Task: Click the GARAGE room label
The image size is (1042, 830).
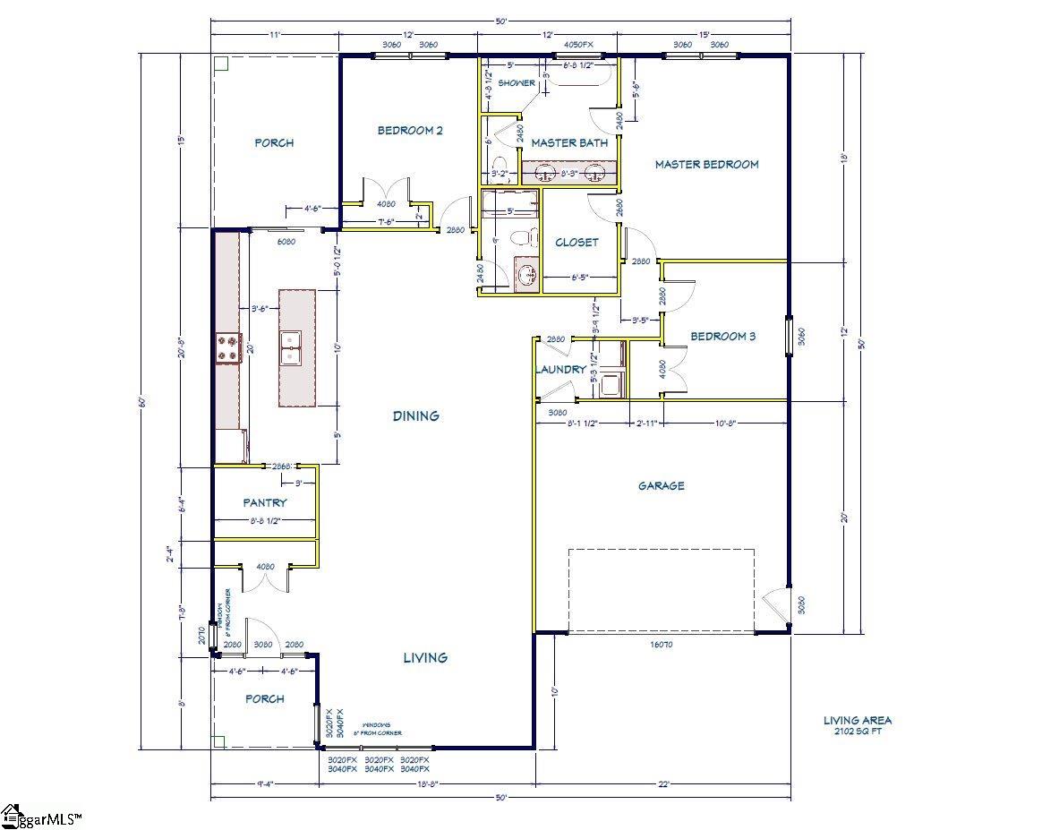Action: pyautogui.click(x=662, y=486)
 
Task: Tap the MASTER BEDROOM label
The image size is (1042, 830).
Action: pyautogui.click(x=706, y=165)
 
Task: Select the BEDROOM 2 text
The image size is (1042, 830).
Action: pyautogui.click(x=410, y=131)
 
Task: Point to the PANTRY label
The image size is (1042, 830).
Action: pyautogui.click(x=265, y=503)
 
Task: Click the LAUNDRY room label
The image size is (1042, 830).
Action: pyautogui.click(x=561, y=369)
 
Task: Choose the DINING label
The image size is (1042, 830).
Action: pyautogui.click(x=416, y=415)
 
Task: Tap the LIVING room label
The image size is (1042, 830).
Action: pyautogui.click(x=425, y=657)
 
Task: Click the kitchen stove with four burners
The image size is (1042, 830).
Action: pyautogui.click(x=228, y=347)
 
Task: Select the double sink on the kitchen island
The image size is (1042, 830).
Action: pyautogui.click(x=290, y=347)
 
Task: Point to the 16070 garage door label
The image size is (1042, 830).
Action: pyautogui.click(x=662, y=643)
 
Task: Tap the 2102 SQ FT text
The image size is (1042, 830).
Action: pyautogui.click(x=858, y=732)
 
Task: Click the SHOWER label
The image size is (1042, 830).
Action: pyautogui.click(x=517, y=83)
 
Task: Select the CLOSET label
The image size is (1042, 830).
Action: pyautogui.click(x=577, y=243)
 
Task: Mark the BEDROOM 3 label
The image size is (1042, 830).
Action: pyautogui.click(x=722, y=337)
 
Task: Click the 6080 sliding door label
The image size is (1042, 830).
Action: pyautogui.click(x=286, y=242)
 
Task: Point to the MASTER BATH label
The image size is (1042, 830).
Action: pyautogui.click(x=569, y=143)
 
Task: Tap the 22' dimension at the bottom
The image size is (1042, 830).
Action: pyautogui.click(x=663, y=784)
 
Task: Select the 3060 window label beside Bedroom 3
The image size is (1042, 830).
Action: pyautogui.click(x=801, y=337)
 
